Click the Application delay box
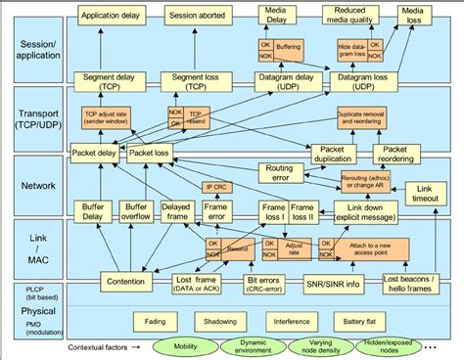pyautogui.click(x=109, y=16)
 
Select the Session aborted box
pyautogui.click(x=194, y=16)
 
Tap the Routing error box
pyautogui.click(x=283, y=173)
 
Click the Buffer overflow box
pyautogui.click(x=135, y=211)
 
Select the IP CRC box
pyautogui.click(x=216, y=187)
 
